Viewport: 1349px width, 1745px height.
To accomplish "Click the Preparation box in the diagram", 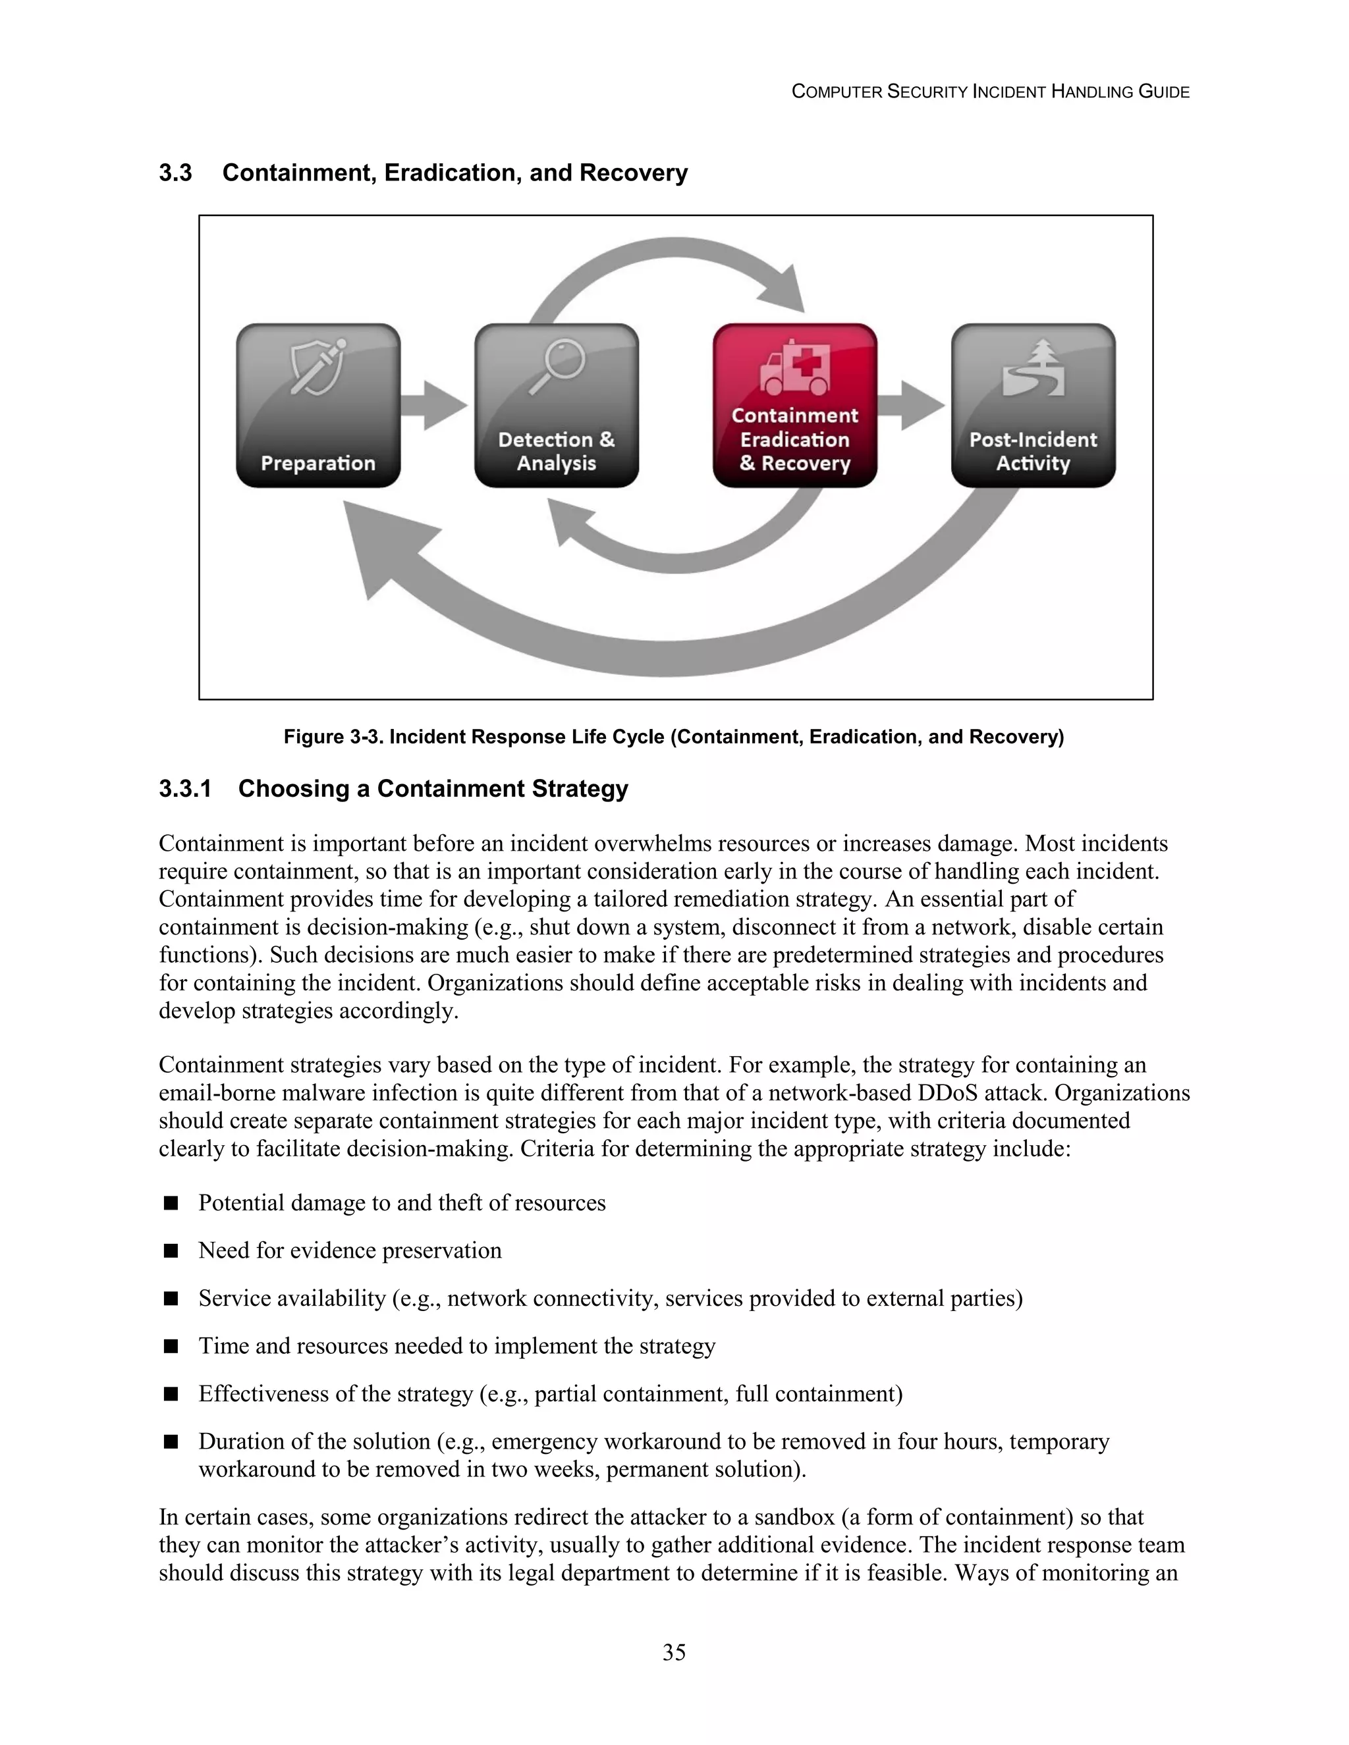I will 318,405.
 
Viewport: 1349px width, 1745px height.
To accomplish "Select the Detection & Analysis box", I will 556,405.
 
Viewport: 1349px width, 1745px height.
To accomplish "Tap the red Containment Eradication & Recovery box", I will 794,405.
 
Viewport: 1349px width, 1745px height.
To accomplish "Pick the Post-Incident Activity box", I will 1033,405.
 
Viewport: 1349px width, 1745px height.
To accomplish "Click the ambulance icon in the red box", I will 794,368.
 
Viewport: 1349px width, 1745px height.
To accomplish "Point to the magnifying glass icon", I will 558,366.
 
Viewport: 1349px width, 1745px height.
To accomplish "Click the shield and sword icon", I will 317,366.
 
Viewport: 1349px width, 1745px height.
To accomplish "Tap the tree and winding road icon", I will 1033,368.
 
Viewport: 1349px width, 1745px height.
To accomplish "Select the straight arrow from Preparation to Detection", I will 433,406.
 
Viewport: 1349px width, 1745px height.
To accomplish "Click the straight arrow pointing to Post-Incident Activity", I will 911,406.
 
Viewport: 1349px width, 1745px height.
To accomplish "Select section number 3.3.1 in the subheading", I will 184,789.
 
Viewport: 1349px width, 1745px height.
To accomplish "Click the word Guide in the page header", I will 1165,92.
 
